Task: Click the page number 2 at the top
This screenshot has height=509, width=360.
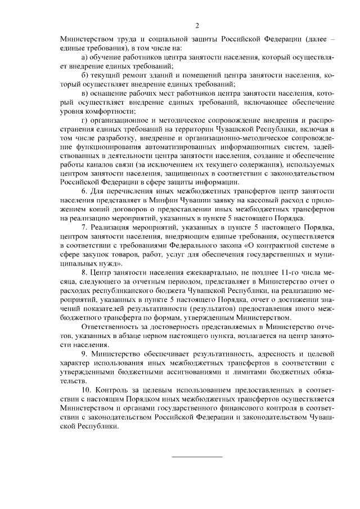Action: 197,26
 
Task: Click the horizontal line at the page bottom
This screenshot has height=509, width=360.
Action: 197,456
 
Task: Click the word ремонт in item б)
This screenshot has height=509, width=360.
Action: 135,75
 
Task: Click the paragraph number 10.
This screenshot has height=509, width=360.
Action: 87,390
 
